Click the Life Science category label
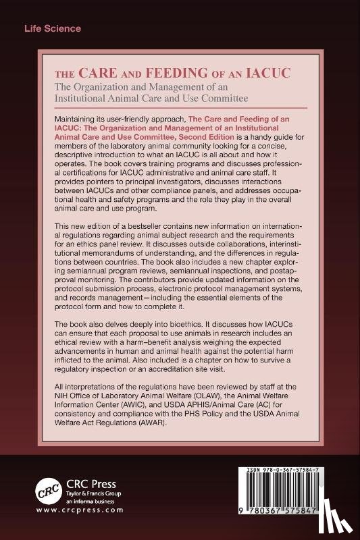click(53, 29)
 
